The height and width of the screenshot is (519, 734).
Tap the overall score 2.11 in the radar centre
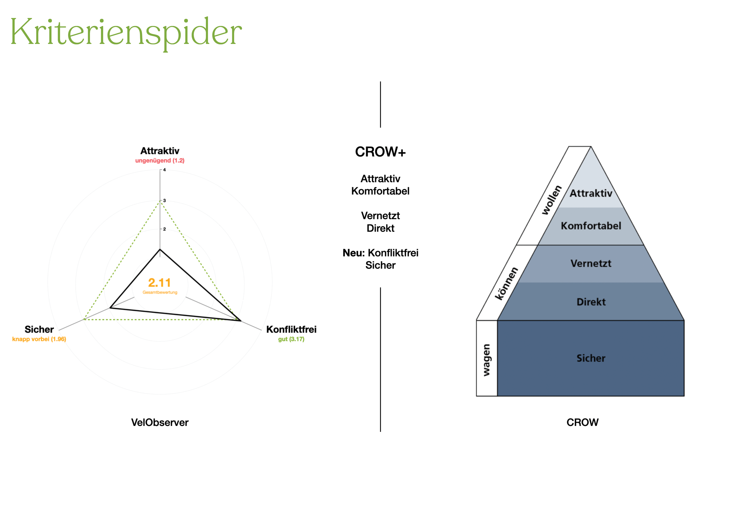coord(159,283)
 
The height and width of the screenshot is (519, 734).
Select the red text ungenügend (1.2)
coord(160,161)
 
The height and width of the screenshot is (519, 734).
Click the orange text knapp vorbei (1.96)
coord(39,339)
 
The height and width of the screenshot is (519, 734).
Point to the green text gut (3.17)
coord(291,339)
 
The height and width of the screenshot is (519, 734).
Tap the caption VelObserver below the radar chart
coord(160,423)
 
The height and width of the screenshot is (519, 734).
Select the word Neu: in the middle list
coord(354,253)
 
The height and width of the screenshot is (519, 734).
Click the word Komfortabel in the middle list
coord(380,191)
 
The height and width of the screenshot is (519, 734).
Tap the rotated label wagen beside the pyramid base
coord(486,360)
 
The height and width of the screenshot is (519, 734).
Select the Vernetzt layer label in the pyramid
coord(591,263)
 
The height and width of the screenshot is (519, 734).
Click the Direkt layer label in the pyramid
coord(591,302)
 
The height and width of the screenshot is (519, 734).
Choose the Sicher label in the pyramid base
coord(591,358)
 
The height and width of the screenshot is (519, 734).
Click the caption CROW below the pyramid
coord(583,423)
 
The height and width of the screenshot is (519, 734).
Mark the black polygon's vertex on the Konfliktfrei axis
coord(241,320)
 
